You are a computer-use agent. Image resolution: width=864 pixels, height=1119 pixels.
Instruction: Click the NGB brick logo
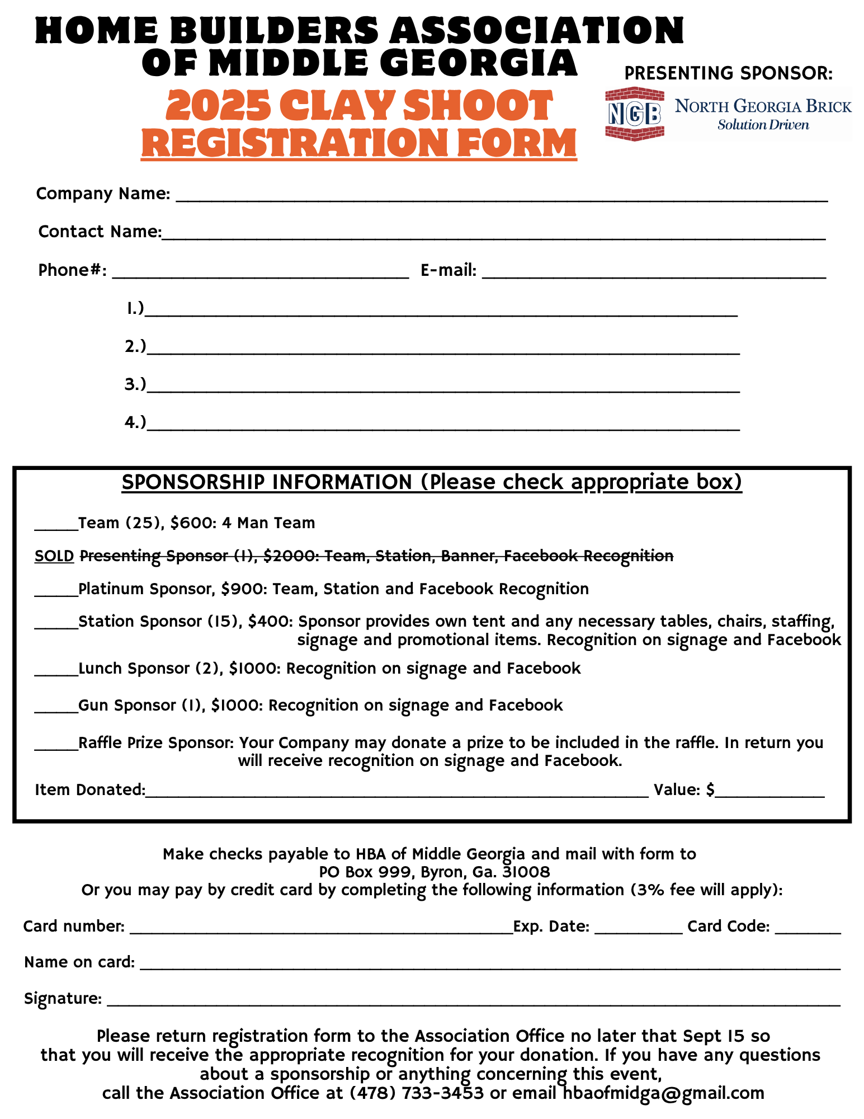pyautogui.click(x=635, y=114)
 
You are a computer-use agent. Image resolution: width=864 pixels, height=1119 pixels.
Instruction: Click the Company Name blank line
pyautogui.click(x=502, y=197)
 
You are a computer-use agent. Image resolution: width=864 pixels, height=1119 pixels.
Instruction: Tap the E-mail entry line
pyautogui.click(x=654, y=274)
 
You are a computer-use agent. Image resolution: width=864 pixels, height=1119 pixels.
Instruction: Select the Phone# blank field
pyautogui.click(x=261, y=274)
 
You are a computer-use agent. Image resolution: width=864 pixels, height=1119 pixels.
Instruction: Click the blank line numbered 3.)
pyautogui.click(x=443, y=388)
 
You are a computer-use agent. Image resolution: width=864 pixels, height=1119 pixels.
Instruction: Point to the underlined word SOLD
pyautogui.click(x=54, y=556)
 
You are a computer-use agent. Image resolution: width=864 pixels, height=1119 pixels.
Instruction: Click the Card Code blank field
pyautogui.click(x=808, y=930)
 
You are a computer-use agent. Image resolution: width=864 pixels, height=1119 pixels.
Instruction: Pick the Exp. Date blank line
pyautogui.click(x=638, y=930)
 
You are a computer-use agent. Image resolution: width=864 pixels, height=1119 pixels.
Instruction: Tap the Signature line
pyautogui.click(x=473, y=1002)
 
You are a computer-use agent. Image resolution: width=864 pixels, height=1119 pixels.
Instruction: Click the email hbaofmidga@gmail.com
pyautogui.click(x=663, y=1093)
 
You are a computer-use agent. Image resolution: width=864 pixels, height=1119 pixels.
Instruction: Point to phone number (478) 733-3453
pyautogui.click(x=417, y=1093)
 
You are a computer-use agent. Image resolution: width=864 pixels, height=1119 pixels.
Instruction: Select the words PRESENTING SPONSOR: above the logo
pyautogui.click(x=728, y=73)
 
